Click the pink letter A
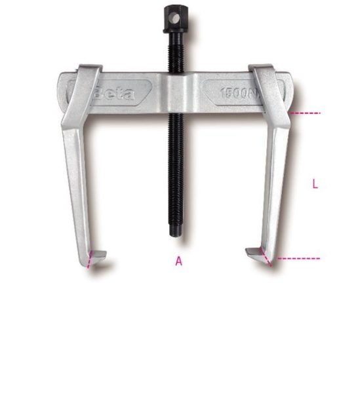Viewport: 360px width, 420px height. [178, 261]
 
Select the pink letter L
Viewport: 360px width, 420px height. [315, 185]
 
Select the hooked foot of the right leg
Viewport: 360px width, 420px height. [257, 254]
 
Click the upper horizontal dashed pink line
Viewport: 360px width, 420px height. [306, 113]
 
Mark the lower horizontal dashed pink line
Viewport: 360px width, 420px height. [298, 258]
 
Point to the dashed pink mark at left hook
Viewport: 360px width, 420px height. [89, 260]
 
